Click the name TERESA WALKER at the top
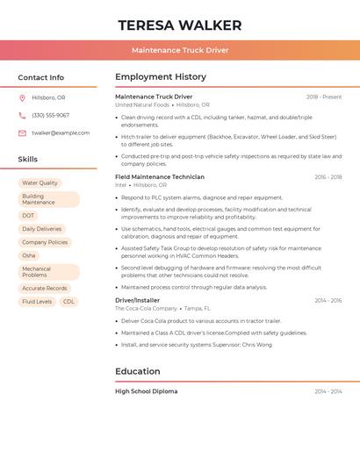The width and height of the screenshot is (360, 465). click(179, 25)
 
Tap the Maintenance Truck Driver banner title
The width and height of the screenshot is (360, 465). click(179, 50)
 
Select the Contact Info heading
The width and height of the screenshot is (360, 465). click(41, 77)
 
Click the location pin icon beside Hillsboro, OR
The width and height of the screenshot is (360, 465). click(22, 98)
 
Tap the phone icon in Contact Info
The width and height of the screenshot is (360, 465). click(22, 116)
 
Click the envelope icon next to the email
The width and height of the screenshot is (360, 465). click(22, 133)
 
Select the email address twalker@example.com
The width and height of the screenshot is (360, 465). click(61, 133)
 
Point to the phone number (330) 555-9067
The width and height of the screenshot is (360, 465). click(50, 116)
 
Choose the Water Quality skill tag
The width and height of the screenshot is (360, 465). click(40, 183)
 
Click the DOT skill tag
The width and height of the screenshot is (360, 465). click(28, 216)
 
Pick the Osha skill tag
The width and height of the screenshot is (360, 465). click(29, 255)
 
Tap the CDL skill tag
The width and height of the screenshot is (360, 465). click(68, 302)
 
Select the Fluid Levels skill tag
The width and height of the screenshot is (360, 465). click(37, 302)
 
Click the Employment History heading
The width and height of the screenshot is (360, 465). click(161, 77)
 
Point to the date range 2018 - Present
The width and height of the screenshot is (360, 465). click(324, 97)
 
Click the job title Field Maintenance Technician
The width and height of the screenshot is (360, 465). click(160, 177)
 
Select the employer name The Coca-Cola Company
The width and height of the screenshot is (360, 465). click(146, 309)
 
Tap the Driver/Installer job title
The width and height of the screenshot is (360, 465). click(138, 300)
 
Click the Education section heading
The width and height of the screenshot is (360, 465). click(138, 371)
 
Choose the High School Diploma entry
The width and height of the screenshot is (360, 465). click(146, 391)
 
